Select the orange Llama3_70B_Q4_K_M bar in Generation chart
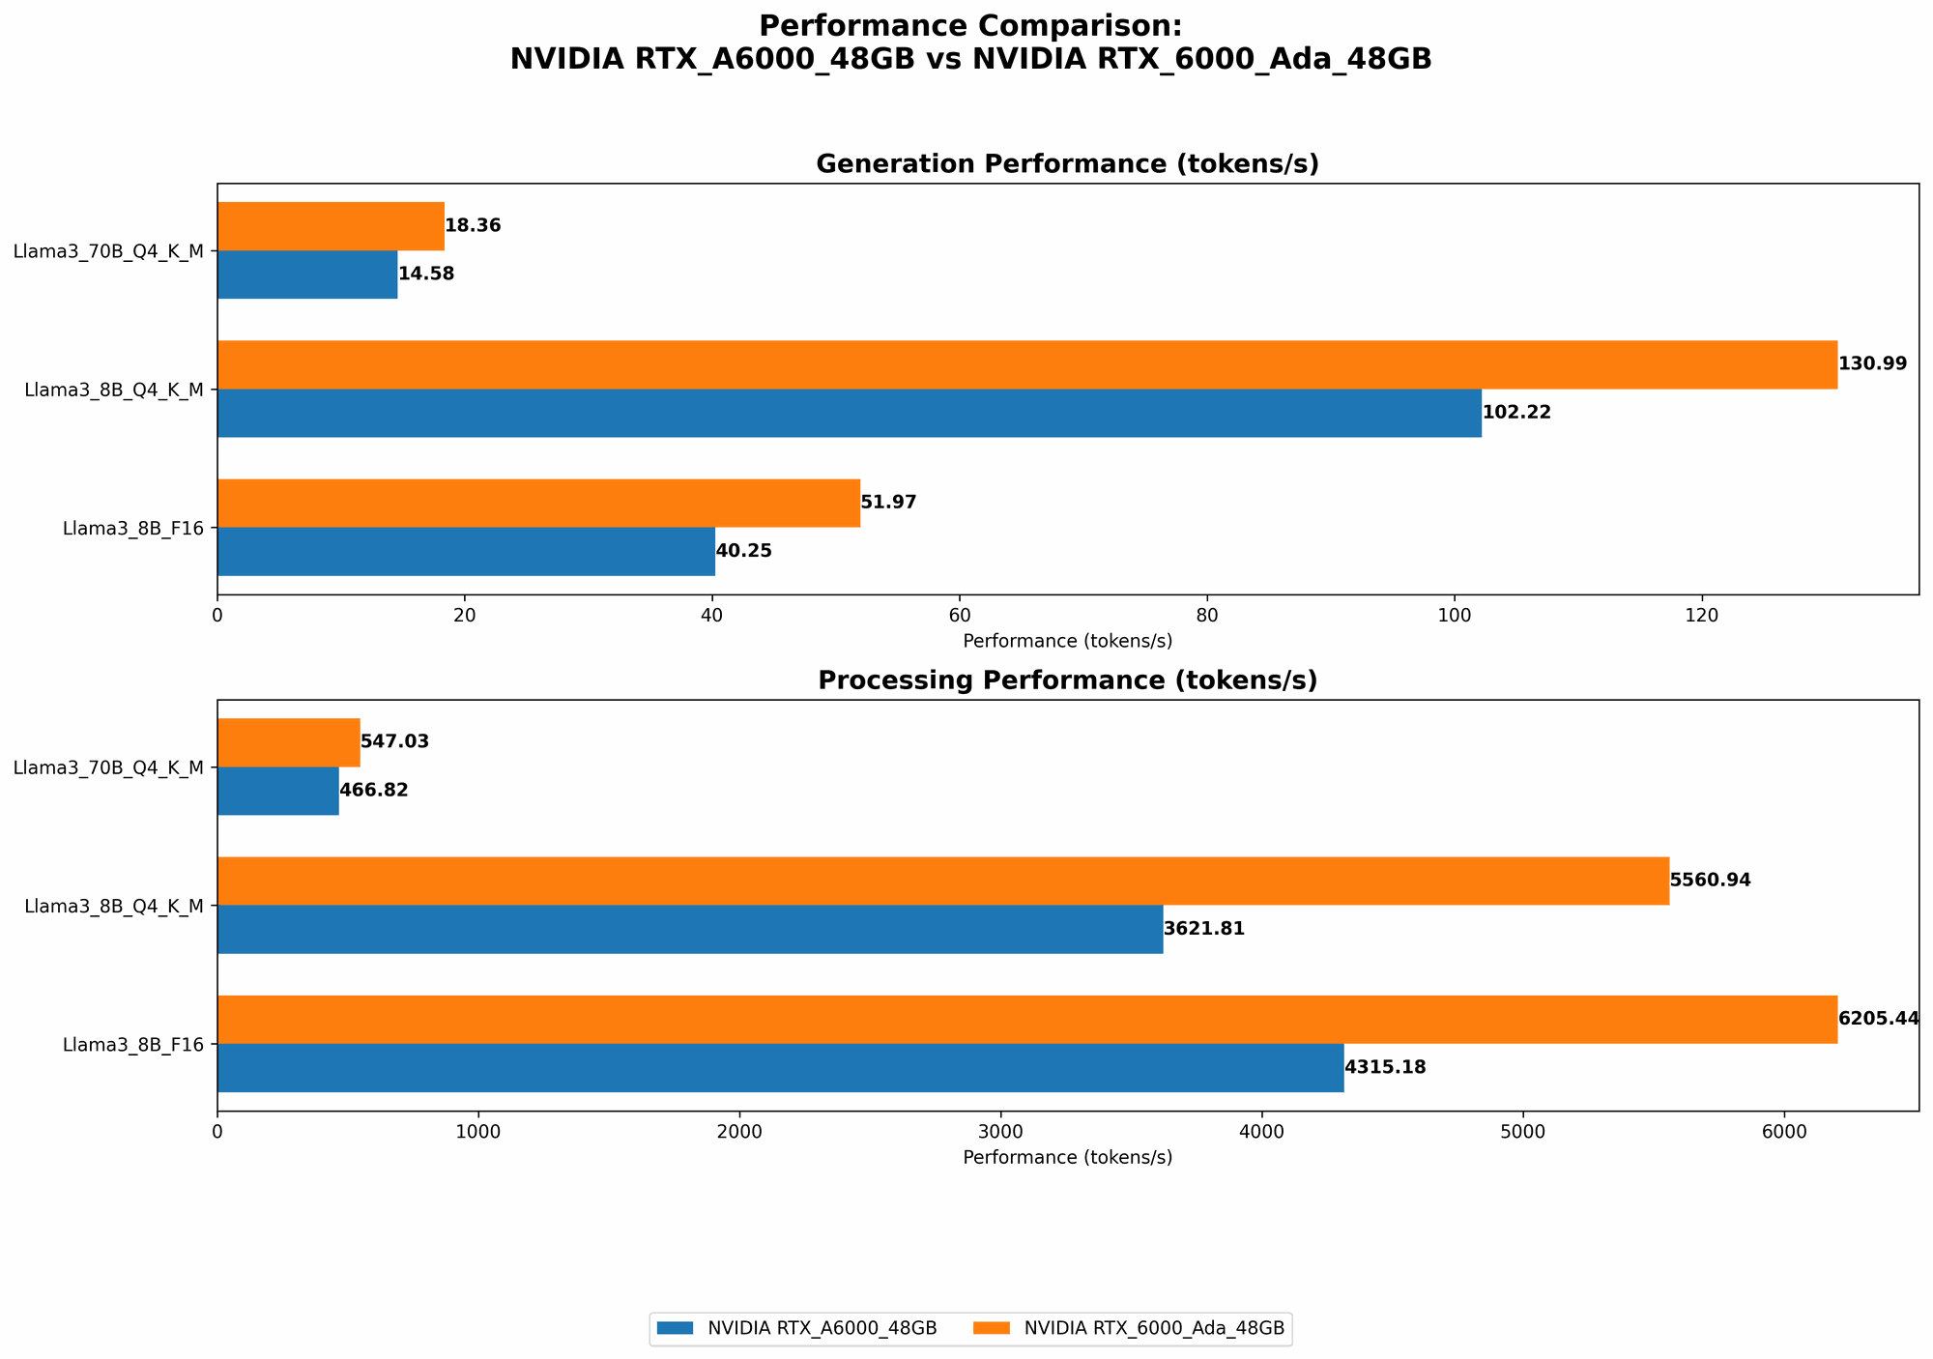[x=331, y=226]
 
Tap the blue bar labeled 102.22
[x=849, y=413]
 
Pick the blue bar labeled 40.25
[x=466, y=551]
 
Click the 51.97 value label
[x=888, y=503]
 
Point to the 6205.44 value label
[x=1878, y=1019]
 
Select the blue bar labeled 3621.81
[x=690, y=929]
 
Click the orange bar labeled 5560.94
[x=942, y=881]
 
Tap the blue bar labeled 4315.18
[x=780, y=1068]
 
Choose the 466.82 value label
[x=373, y=791]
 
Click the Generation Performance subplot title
[x=1067, y=164]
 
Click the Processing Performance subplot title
[x=1067, y=680]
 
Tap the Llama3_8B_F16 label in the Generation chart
[x=133, y=529]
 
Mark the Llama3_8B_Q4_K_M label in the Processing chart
[x=114, y=907]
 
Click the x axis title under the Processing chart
[x=1067, y=1157]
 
